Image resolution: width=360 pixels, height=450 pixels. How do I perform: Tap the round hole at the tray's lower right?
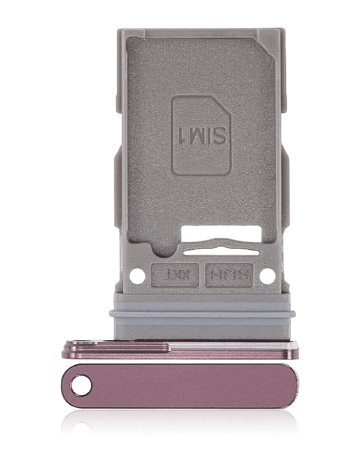(267, 276)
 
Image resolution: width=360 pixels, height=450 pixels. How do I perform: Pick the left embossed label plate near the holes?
(175, 276)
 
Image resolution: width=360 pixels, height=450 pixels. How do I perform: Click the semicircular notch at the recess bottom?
(165, 251)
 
